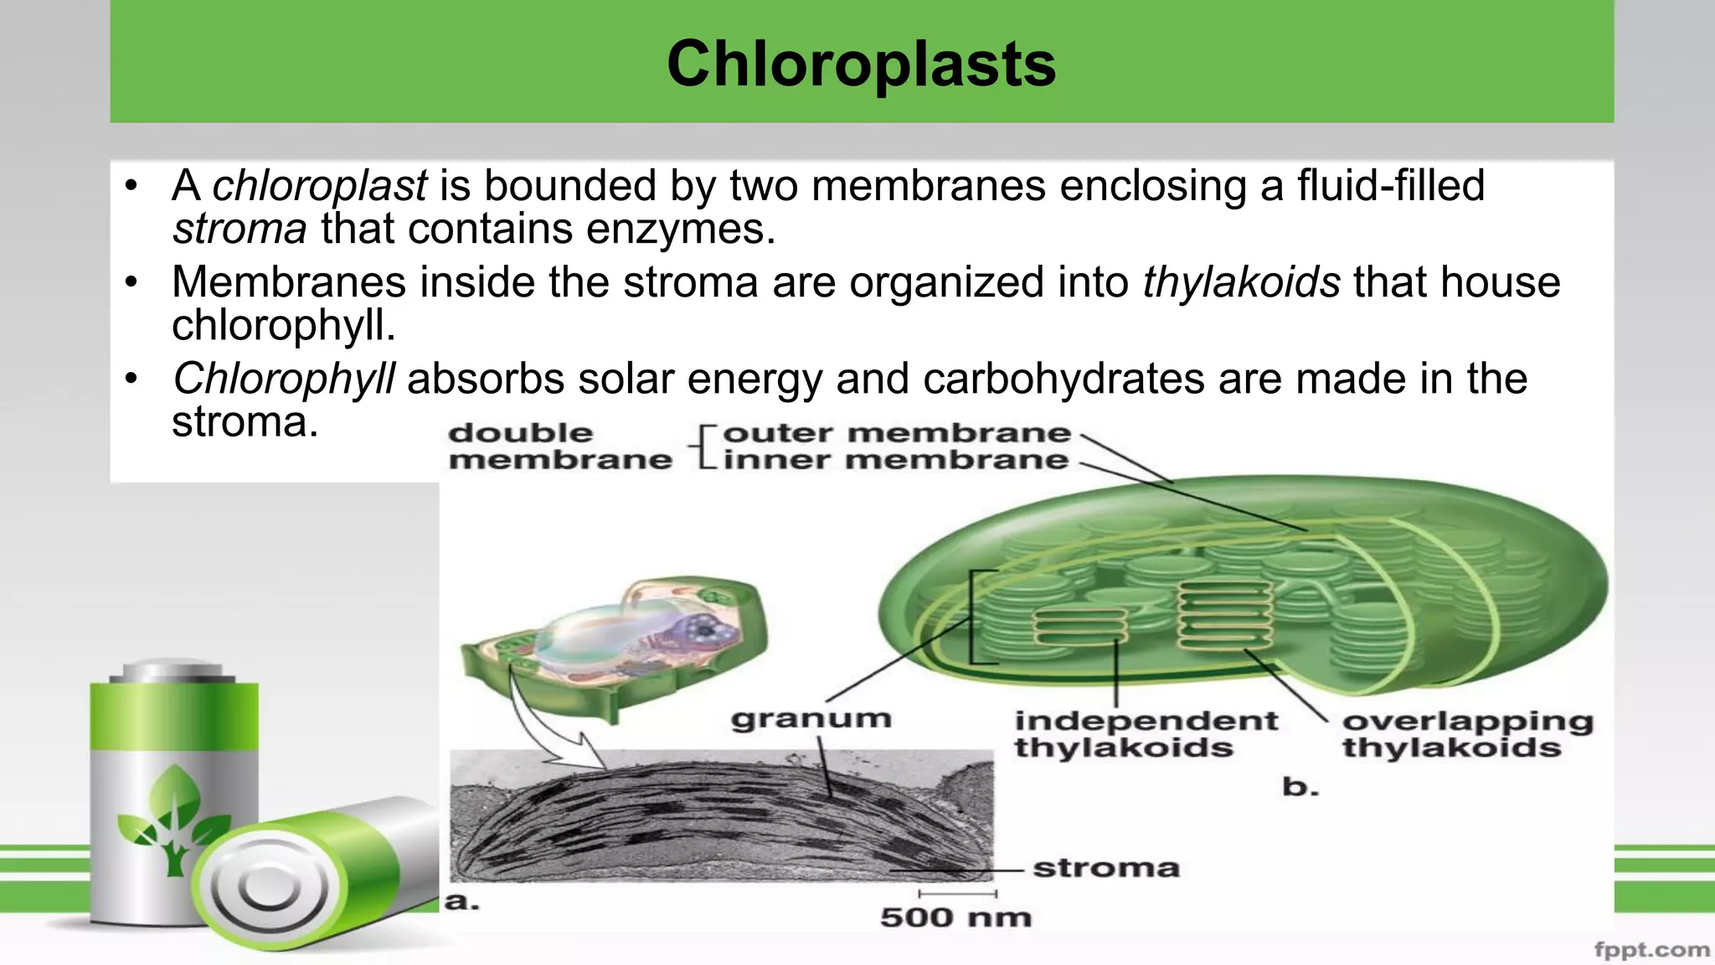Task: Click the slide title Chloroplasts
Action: click(x=861, y=64)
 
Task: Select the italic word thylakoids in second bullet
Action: click(x=1241, y=282)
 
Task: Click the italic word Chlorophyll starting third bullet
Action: click(x=283, y=379)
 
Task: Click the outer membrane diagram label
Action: click(x=896, y=433)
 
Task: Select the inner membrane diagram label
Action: click(x=895, y=460)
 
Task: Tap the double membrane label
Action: click(x=559, y=446)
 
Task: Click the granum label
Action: click(x=811, y=719)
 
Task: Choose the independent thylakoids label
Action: click(x=1146, y=734)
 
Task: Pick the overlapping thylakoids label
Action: click(x=1467, y=734)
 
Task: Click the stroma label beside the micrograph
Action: click(x=1105, y=868)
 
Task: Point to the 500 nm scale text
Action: click(x=955, y=917)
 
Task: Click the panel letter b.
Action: click(x=1300, y=787)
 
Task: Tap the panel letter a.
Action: click(x=461, y=902)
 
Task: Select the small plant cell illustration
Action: click(x=615, y=645)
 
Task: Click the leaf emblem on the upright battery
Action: click(x=174, y=817)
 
